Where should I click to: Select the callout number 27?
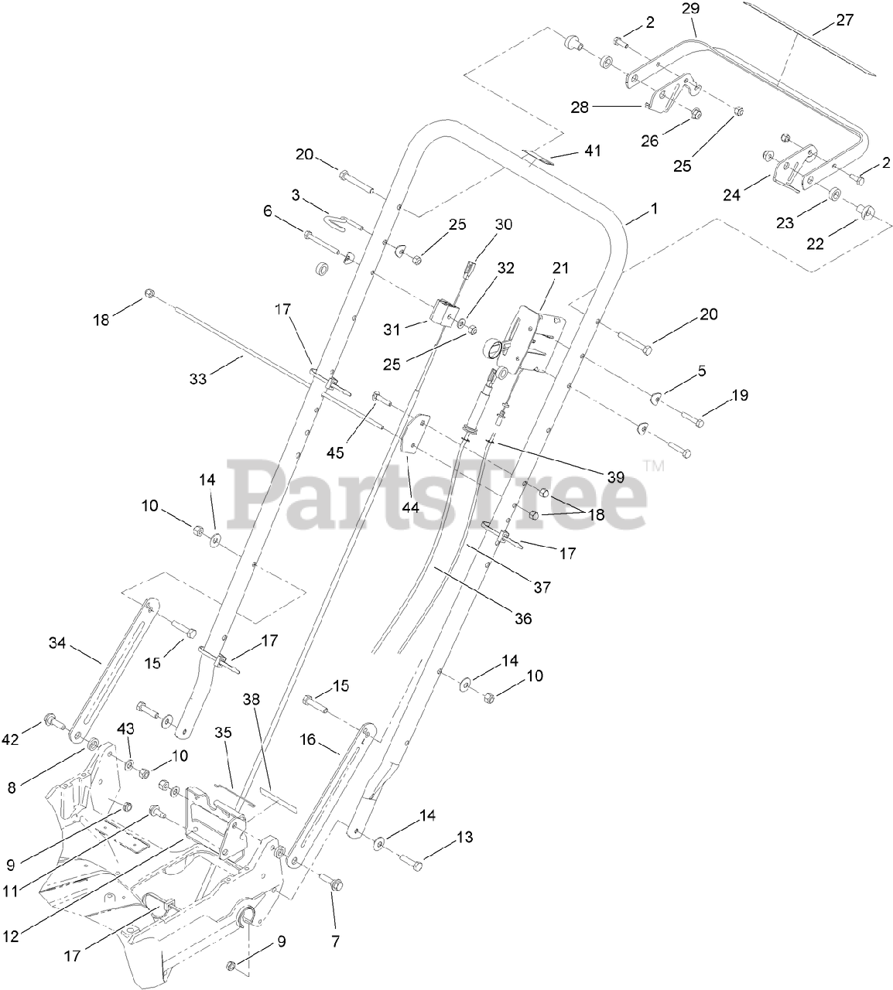pyautogui.click(x=844, y=20)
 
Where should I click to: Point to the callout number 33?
pyautogui.click(x=198, y=379)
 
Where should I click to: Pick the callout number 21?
pyautogui.click(x=560, y=268)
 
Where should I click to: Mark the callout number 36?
pyautogui.click(x=523, y=619)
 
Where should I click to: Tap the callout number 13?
pyautogui.click(x=464, y=837)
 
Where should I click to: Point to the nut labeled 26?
pyautogui.click(x=694, y=114)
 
